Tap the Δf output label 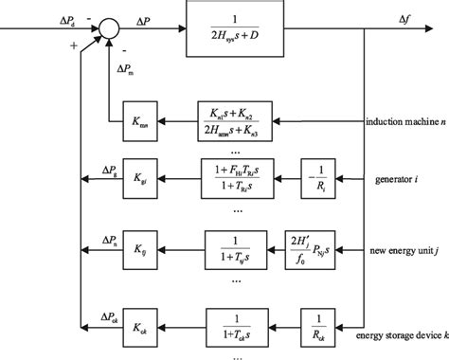pyautogui.click(x=419, y=17)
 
